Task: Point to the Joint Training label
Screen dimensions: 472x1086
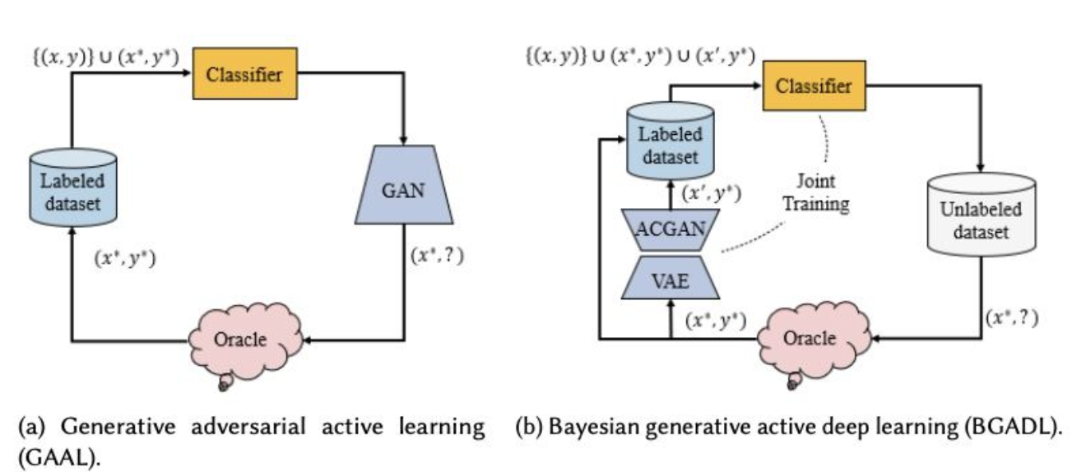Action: coord(815,191)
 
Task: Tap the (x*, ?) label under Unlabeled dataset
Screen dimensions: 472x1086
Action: coord(1010,317)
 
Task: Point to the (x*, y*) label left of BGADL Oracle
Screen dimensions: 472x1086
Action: coord(717,320)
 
